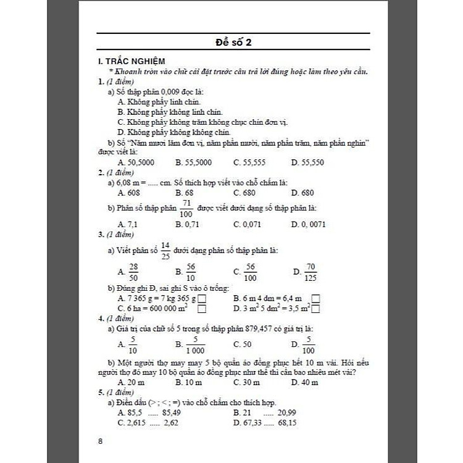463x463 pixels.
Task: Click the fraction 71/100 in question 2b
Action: (188, 208)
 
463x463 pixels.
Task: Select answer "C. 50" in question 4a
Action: (243, 344)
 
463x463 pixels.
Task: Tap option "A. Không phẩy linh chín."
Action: (159, 102)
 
